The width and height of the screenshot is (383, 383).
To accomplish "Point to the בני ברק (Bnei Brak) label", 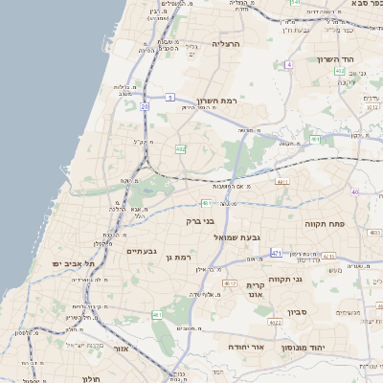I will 200,221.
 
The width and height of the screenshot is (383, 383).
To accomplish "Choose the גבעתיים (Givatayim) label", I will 141,250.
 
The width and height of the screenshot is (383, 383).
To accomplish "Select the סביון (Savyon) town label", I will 297,312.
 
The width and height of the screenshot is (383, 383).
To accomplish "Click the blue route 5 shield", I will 169,97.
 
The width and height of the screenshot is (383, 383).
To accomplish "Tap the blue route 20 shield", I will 145,107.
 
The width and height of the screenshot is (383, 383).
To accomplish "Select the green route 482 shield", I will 180,149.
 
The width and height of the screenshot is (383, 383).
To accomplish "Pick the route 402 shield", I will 340,71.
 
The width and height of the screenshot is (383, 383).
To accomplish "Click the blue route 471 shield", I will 276,253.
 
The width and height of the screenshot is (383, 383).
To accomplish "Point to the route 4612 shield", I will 229,283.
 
